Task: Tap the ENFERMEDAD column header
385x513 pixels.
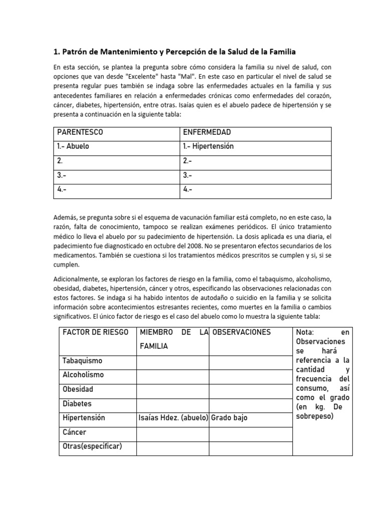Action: pyautogui.click(x=207, y=132)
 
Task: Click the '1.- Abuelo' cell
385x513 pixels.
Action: pyautogui.click(x=76, y=147)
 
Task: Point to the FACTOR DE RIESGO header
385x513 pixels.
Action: pyautogui.click(x=95, y=332)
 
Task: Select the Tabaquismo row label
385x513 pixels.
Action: pyautogui.click(x=82, y=361)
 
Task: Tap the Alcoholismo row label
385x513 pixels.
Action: pyautogui.click(x=83, y=375)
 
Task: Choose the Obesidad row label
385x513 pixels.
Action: pyautogui.click(x=78, y=389)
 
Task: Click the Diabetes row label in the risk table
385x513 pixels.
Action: pyautogui.click(x=77, y=403)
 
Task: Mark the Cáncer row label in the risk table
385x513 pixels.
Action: pyautogui.click(x=75, y=432)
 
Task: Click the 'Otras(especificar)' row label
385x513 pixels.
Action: pyautogui.click(x=92, y=446)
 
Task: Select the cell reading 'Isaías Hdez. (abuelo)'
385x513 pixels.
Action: pyautogui.click(x=173, y=418)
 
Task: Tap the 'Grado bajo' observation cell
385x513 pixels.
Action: pyautogui.click(x=230, y=418)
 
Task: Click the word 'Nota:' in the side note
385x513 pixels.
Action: pyautogui.click(x=305, y=332)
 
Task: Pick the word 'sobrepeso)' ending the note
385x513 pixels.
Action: pyautogui.click(x=314, y=416)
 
